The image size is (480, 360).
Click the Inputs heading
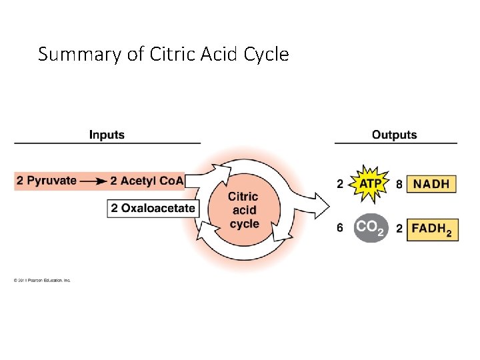107,135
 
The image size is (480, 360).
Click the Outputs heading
394,135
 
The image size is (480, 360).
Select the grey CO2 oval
370,227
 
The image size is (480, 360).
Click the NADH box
431,184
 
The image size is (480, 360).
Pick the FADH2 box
431,228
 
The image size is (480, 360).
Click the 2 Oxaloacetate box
153,208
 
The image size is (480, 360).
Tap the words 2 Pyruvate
47,181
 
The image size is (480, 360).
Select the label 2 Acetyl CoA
147,181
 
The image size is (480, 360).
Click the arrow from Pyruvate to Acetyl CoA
93,181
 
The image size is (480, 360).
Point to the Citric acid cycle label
243,210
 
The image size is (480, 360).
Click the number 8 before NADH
399,184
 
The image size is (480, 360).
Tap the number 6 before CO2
340,227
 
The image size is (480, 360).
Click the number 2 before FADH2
399,228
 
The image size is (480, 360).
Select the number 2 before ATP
340,184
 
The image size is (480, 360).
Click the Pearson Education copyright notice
42,280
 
